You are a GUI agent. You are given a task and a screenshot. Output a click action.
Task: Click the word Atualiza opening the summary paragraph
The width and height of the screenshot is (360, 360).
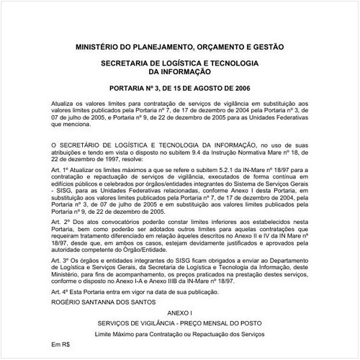pos(63,105)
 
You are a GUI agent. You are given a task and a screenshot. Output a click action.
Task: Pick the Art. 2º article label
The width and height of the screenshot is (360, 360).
pos(60,223)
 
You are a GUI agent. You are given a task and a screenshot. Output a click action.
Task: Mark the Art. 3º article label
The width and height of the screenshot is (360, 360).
pos(60,278)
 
